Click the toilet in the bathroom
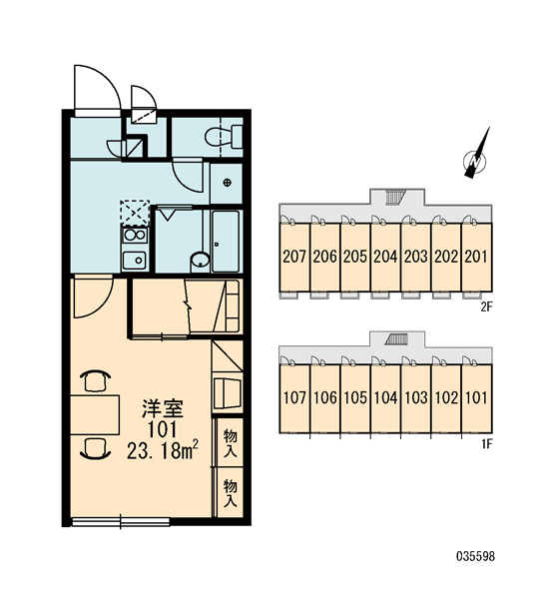224,137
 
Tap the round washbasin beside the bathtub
200,261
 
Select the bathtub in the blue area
226,242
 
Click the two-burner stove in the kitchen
135,235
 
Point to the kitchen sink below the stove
135,261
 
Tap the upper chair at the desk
95,380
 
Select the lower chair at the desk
95,448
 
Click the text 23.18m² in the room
163,451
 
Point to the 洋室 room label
163,408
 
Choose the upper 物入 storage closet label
231,442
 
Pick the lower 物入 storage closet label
231,493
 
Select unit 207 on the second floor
294,257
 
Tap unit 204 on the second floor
385,257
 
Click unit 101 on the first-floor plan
476,398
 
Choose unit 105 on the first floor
355,398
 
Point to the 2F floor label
486,306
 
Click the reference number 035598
476,556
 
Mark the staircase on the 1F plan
396,338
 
